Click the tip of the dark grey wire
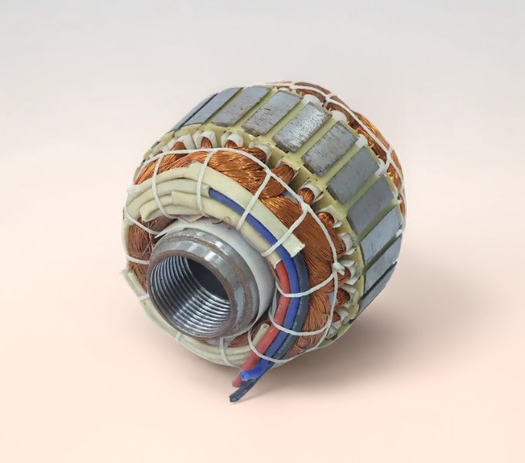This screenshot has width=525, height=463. (x=235, y=394)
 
